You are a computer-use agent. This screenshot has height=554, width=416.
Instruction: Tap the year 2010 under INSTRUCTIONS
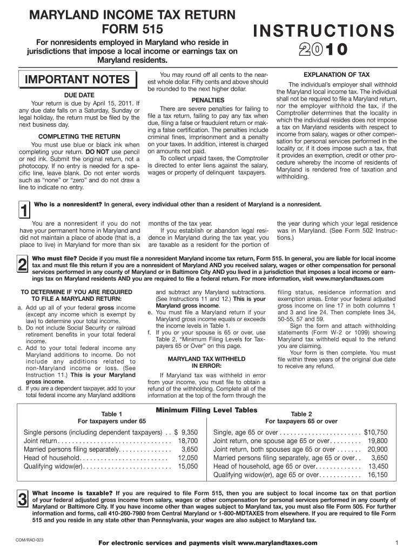coord(321,50)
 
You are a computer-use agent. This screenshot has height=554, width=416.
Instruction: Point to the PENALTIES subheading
coord(208,101)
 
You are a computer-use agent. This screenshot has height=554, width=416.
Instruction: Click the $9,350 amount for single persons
coord(185,433)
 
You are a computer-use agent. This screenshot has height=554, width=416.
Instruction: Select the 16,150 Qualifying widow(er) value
coord(378,475)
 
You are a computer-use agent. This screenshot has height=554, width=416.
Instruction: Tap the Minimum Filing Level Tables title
coord(206,411)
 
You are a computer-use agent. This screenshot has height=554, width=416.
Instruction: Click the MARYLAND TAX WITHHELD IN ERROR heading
coord(208,362)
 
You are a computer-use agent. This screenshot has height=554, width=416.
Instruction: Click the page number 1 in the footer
coord(397,543)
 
